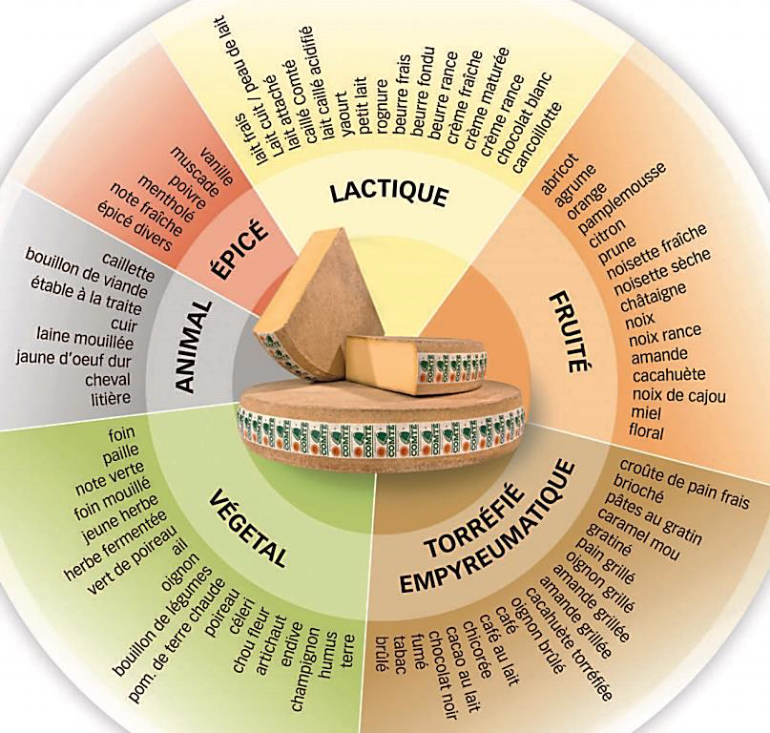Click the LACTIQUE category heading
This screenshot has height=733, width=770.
(x=389, y=193)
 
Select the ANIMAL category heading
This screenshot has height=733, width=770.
(x=192, y=347)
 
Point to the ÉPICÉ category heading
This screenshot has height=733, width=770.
(x=239, y=250)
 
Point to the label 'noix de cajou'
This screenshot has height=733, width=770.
(x=678, y=395)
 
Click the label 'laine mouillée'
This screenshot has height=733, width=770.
(x=85, y=339)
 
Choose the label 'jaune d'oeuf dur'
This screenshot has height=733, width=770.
(x=73, y=359)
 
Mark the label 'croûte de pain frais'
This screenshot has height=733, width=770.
(x=683, y=485)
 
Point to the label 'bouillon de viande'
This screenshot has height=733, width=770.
(x=87, y=273)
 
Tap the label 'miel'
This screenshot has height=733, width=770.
(x=645, y=412)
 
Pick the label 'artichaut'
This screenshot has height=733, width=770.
(x=271, y=645)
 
